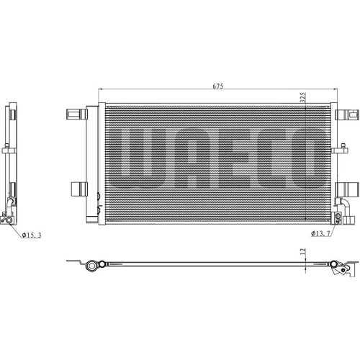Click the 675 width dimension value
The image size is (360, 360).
pos(218,86)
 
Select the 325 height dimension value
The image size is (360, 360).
pos(304,97)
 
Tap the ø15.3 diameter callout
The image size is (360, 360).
pos(32,235)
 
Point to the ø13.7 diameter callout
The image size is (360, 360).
pos(320,233)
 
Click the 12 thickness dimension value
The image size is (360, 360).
pos(303,251)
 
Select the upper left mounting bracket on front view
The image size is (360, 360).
pos(77,114)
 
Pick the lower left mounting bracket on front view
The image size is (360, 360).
pos(79,189)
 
